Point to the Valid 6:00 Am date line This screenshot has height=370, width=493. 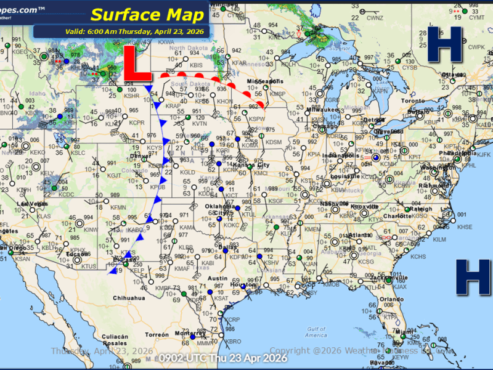click(135, 31)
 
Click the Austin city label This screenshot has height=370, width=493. click(218, 279)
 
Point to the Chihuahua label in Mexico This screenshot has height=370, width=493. click(128, 298)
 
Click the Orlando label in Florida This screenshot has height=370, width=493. click(387, 299)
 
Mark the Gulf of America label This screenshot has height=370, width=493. click(316, 332)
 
